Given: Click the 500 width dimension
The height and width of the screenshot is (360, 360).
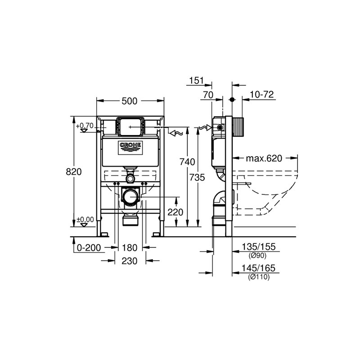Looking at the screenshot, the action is coord(129,101).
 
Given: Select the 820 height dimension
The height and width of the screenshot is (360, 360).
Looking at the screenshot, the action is coord(74,171).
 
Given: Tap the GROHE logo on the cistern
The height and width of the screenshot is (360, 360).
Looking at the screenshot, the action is coord(130,148).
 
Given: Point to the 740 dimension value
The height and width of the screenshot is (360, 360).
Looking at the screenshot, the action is coord(187,162).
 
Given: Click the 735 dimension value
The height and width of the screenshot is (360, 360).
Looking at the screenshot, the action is coord(197,177).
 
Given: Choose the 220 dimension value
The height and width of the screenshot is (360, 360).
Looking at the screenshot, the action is coord(175,212).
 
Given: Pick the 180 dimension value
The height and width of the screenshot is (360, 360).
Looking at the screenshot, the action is coord(130,248).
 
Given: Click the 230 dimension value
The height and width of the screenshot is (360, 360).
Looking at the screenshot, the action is coord(130,261).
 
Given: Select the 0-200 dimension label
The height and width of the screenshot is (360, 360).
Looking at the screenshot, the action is coord(89,248).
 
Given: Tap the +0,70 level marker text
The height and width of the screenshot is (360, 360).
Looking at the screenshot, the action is coord(85,126).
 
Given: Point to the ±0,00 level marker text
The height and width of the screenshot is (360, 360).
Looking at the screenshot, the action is coord(85,220).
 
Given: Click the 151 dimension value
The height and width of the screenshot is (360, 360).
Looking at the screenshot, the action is coord(197,81).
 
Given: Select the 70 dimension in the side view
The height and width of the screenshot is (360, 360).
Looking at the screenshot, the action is coord(208,95).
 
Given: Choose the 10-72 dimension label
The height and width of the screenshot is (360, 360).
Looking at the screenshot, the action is coord(262,94).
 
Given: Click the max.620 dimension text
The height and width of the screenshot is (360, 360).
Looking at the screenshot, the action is coord(264,158).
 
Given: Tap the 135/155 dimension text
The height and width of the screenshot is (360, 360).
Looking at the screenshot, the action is coord(258,247).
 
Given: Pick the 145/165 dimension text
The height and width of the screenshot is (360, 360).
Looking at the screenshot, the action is coord(258,268).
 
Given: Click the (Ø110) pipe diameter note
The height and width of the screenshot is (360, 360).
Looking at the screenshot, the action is coord(259,277).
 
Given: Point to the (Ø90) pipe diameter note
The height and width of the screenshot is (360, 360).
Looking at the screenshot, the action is coord(257,255).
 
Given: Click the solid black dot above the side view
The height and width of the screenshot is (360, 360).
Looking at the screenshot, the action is coord(232,99).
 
